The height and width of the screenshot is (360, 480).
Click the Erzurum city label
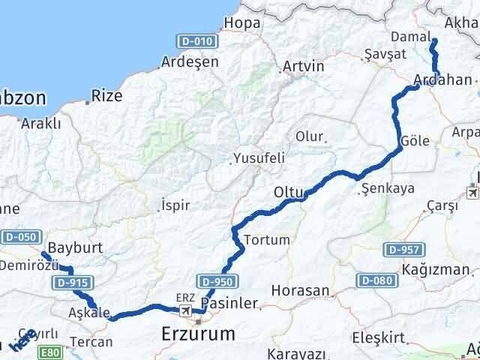[x=198, y=333]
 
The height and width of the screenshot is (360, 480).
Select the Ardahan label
[x=442, y=79]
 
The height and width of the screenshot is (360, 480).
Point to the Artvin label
[x=304, y=67]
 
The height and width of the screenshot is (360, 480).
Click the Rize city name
[x=106, y=96]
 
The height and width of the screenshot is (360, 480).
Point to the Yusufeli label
[x=258, y=159]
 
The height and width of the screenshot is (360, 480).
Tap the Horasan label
[x=300, y=290]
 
